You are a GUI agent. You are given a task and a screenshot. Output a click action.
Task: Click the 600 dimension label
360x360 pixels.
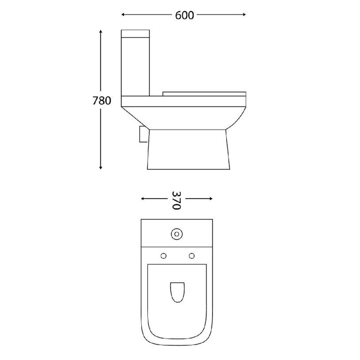pyautogui.click(x=184, y=15)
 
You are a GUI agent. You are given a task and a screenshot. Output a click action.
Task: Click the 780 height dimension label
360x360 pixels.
pyautogui.click(x=101, y=101)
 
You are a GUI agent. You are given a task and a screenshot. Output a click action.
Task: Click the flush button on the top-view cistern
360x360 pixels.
pyautogui.click(x=176, y=234)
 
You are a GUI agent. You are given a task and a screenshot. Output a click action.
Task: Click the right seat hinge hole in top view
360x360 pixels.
pyautogui.click(x=191, y=255)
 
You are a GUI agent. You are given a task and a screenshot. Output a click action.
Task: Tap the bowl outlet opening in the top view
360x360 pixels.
pyautogui.click(x=177, y=290)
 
